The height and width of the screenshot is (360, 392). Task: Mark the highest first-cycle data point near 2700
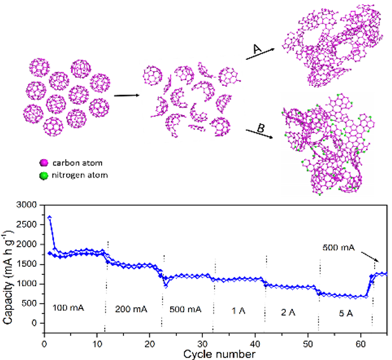pyautogui.click(x=50, y=218)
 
